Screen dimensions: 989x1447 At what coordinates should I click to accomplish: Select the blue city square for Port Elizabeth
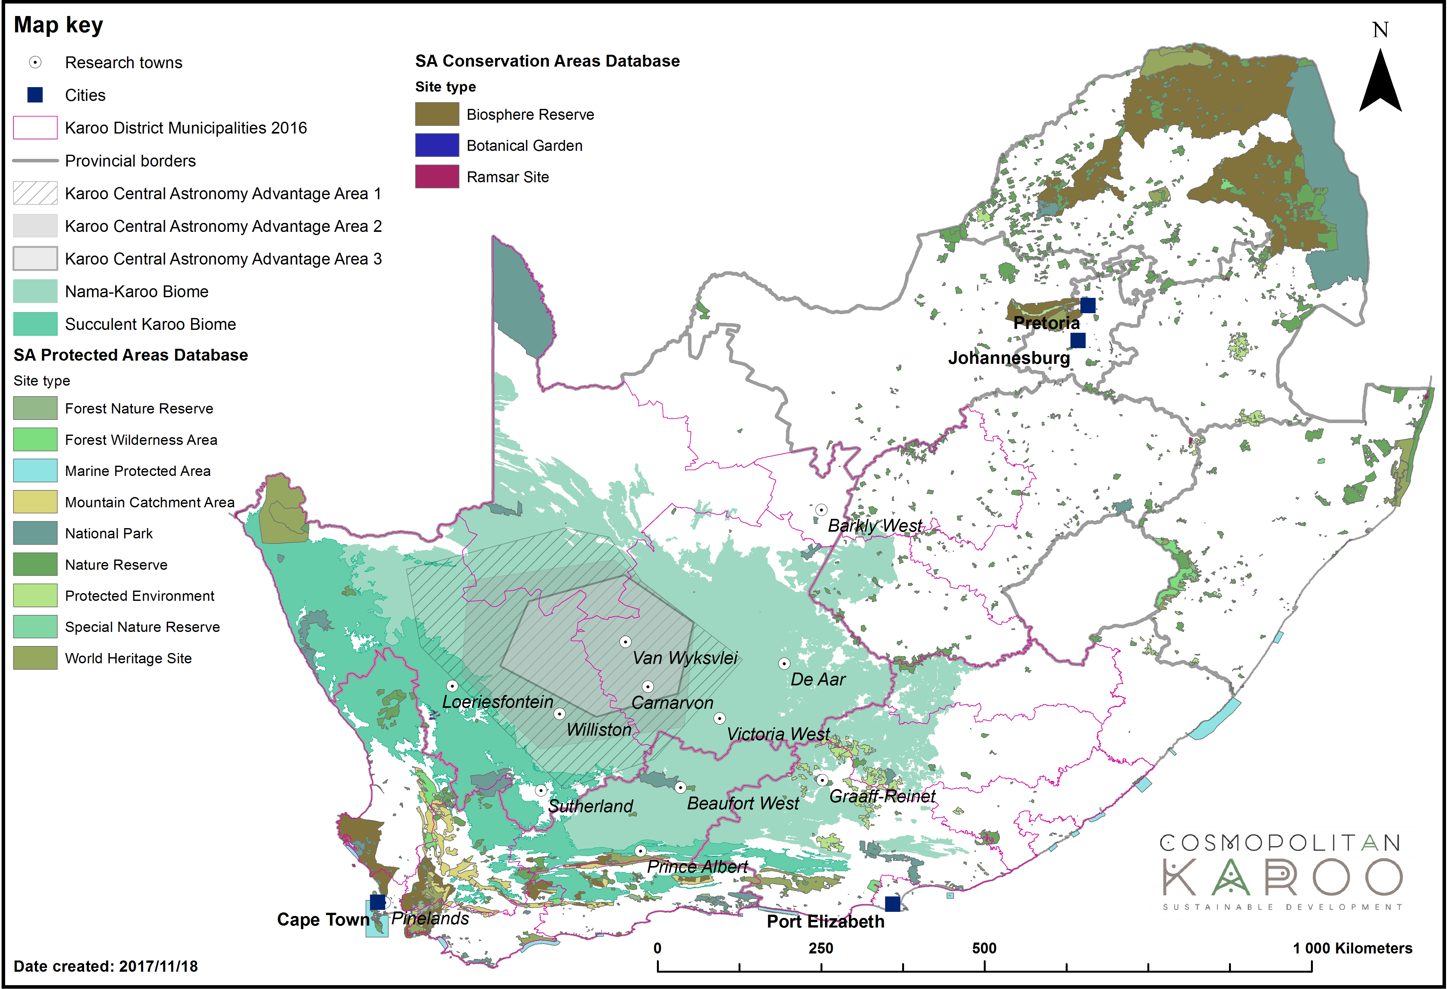[892, 904]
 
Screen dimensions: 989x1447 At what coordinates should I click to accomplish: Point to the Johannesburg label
[1009, 358]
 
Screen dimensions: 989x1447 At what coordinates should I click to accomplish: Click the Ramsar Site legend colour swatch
[437, 177]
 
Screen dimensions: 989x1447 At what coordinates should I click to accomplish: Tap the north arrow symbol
[1380, 81]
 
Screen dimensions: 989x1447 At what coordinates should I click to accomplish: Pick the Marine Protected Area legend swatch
[36, 471]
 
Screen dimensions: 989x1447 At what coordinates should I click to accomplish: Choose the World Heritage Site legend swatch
[36, 658]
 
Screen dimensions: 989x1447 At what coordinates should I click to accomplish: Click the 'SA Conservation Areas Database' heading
[547, 61]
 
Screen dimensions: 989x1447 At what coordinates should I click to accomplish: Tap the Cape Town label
[323, 920]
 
